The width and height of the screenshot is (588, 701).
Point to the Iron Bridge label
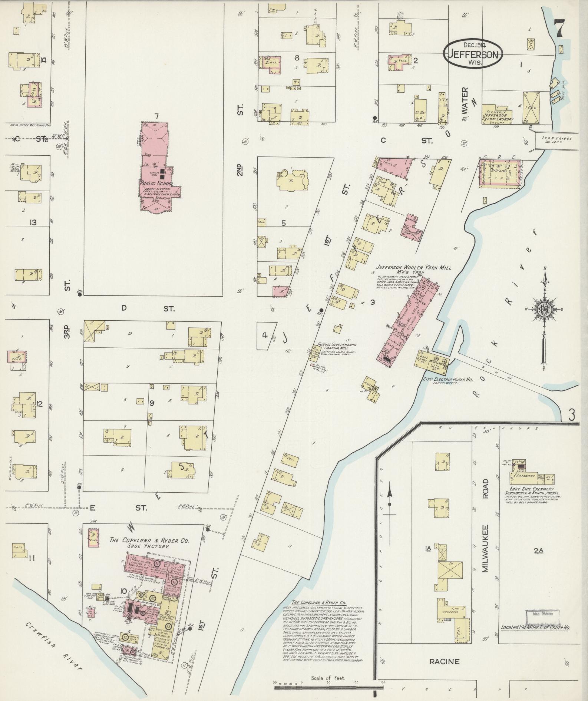(557, 140)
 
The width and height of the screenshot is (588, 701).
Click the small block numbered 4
(265, 335)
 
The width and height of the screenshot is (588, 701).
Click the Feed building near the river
(531, 108)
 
